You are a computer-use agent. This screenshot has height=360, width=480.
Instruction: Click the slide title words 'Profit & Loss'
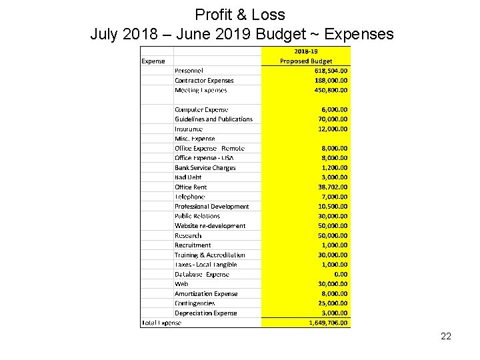tap(240, 15)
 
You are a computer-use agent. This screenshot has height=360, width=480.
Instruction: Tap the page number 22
tap(446, 336)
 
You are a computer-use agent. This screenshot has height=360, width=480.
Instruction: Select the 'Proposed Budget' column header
tap(306, 61)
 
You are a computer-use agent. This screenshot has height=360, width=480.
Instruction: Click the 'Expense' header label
tap(153, 61)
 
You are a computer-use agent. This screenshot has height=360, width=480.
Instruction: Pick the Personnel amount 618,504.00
tap(331, 71)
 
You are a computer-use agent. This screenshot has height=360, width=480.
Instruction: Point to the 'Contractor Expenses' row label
tap(204, 81)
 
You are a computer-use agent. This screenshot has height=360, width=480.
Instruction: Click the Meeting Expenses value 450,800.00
tap(331, 90)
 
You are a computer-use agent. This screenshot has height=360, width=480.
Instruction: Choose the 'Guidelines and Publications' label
tap(213, 119)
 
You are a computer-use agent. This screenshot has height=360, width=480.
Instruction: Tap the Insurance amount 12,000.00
tap(333, 129)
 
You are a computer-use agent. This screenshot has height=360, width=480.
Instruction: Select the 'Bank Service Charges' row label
tap(205, 168)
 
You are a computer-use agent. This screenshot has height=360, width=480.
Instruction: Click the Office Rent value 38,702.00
tap(333, 187)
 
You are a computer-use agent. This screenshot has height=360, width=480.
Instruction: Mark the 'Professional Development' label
tap(211, 207)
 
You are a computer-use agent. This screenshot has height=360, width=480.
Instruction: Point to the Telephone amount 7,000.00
tap(334, 197)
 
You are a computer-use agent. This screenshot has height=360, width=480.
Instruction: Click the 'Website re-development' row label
tap(210, 226)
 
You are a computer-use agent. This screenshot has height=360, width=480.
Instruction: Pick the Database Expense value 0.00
tap(341, 274)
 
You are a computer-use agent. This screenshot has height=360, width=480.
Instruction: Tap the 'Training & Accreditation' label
tap(209, 255)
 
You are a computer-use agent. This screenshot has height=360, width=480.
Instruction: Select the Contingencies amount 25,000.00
tap(333, 303)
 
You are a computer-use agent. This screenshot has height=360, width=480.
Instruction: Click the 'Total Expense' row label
tap(161, 323)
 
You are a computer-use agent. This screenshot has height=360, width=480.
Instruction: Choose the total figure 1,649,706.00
tap(329, 323)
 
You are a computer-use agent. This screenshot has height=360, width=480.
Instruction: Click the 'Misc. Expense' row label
tap(195, 139)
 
